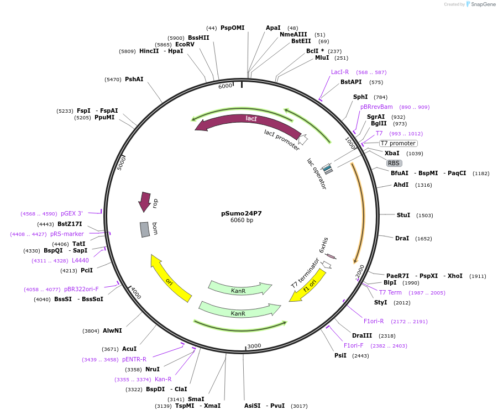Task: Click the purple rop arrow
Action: [x=145, y=202]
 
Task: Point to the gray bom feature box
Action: [x=145, y=229]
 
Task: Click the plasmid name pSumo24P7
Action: [x=242, y=213]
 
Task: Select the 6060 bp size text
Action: [x=242, y=220]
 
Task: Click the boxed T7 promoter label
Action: [x=398, y=143]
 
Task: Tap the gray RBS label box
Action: [x=394, y=163]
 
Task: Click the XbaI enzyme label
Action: [x=392, y=153]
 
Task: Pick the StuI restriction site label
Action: [x=403, y=215]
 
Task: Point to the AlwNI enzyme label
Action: [x=112, y=330]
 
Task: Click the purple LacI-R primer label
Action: [x=340, y=72]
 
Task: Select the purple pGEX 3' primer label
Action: [x=72, y=213]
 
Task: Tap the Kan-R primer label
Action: [x=163, y=379]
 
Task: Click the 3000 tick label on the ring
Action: [x=254, y=346]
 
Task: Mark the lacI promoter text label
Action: [x=281, y=140]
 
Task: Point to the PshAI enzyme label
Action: [x=134, y=79]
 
